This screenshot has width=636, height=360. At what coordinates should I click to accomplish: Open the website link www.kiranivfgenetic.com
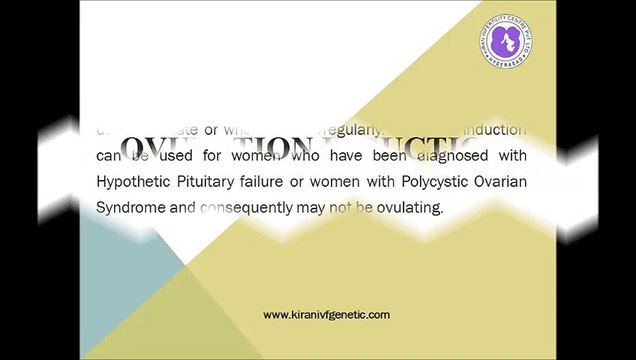pos(327,315)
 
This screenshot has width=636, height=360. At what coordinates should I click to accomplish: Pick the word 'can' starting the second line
pos(112,155)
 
